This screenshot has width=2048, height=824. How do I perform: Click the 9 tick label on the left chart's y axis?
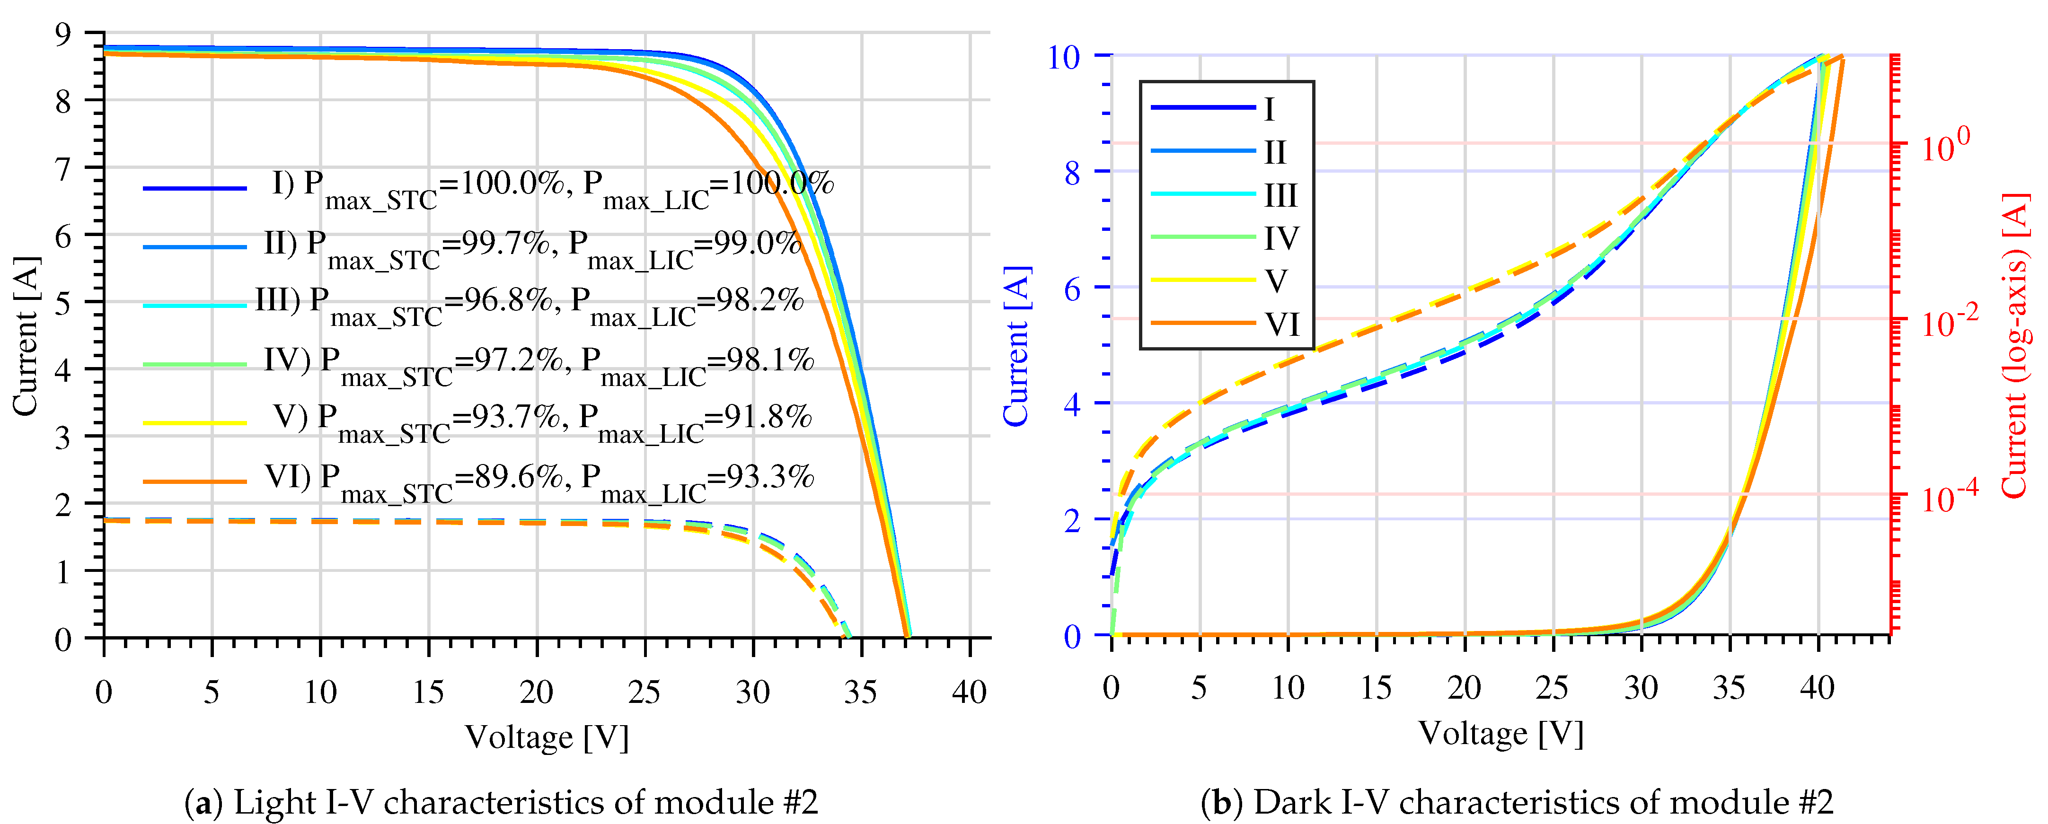(63, 34)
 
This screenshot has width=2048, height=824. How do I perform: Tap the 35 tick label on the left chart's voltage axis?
(860, 692)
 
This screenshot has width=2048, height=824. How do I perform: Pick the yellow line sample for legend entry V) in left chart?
(195, 423)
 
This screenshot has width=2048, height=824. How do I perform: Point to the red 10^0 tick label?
(1945, 145)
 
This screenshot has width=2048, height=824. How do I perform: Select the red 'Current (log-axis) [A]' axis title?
(2014, 346)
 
